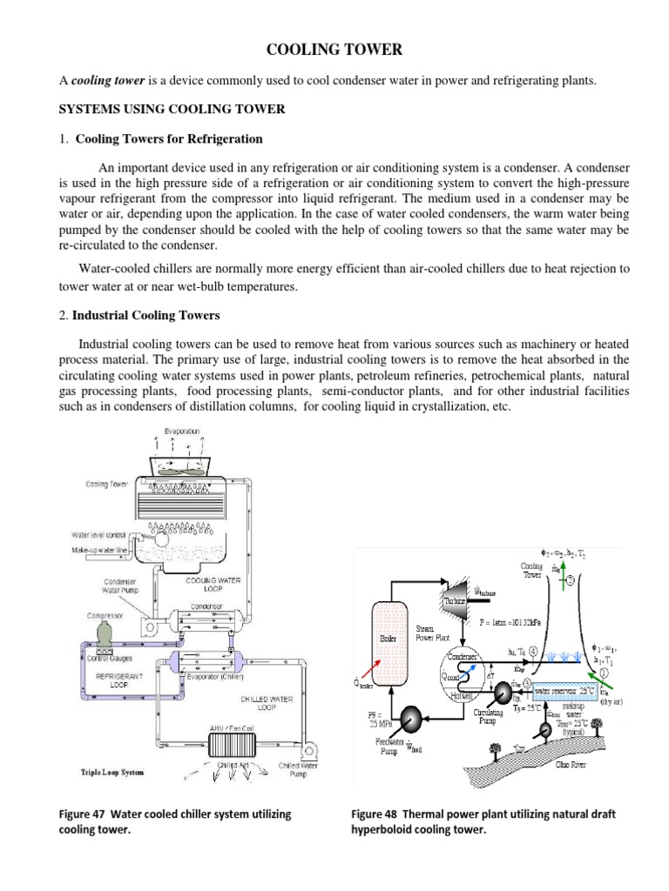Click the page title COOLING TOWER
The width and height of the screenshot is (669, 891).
(x=334, y=50)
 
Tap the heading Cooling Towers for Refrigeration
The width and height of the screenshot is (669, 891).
(x=169, y=138)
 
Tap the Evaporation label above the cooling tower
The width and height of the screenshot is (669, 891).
(x=182, y=431)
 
